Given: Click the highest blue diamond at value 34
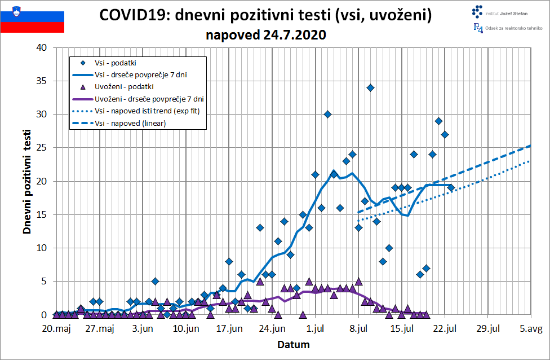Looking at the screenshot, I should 370,87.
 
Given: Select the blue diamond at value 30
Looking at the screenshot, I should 327,114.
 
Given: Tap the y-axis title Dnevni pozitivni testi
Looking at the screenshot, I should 26,181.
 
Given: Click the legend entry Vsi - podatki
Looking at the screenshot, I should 116,63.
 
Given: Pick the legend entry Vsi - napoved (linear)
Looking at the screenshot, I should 130,123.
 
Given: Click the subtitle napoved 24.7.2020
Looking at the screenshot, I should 265,35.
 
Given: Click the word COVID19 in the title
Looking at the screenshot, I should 133,15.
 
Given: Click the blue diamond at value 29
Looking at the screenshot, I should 438,121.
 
